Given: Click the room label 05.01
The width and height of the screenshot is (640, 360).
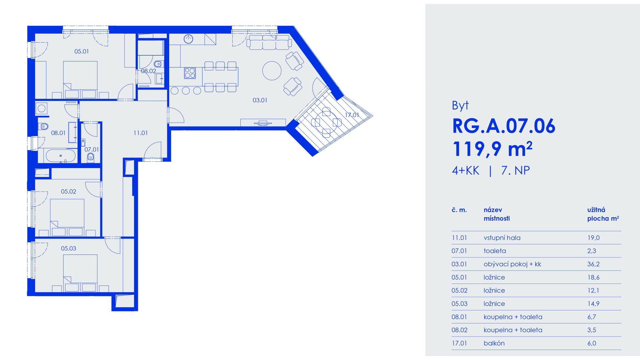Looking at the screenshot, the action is point(81,51).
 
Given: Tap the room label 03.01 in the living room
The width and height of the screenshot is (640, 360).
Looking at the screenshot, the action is point(260,100).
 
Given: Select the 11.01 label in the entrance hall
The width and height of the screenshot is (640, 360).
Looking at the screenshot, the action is point(140,133).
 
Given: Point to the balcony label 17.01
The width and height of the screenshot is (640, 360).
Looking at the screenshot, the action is point(352,115).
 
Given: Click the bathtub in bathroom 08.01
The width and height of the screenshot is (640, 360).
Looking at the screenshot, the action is point(61,156).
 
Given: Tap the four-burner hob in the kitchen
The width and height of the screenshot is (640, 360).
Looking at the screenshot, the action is point(190,73).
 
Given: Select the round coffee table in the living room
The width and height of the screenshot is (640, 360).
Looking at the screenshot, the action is point(272,71).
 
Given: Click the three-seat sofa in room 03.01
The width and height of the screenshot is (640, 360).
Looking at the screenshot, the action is point(269,42).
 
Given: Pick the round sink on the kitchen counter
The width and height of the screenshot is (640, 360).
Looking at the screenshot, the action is point(189,39).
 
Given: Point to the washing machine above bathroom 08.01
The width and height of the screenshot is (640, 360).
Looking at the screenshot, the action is point(42,108).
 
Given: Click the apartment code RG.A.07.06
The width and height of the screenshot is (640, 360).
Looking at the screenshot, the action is point(504,126).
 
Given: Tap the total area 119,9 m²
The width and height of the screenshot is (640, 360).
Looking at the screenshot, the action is point(492,149).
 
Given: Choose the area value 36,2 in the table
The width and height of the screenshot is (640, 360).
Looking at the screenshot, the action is point(593,264).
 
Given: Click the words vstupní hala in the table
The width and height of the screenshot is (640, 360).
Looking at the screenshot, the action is point(502,238).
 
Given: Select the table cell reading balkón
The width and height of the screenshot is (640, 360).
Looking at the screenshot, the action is point(494,343).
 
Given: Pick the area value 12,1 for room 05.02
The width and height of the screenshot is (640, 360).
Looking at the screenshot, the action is point(593,290).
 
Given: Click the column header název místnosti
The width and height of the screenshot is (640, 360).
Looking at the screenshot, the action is point(497,214).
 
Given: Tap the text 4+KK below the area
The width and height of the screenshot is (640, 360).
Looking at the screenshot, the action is point(465,171).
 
